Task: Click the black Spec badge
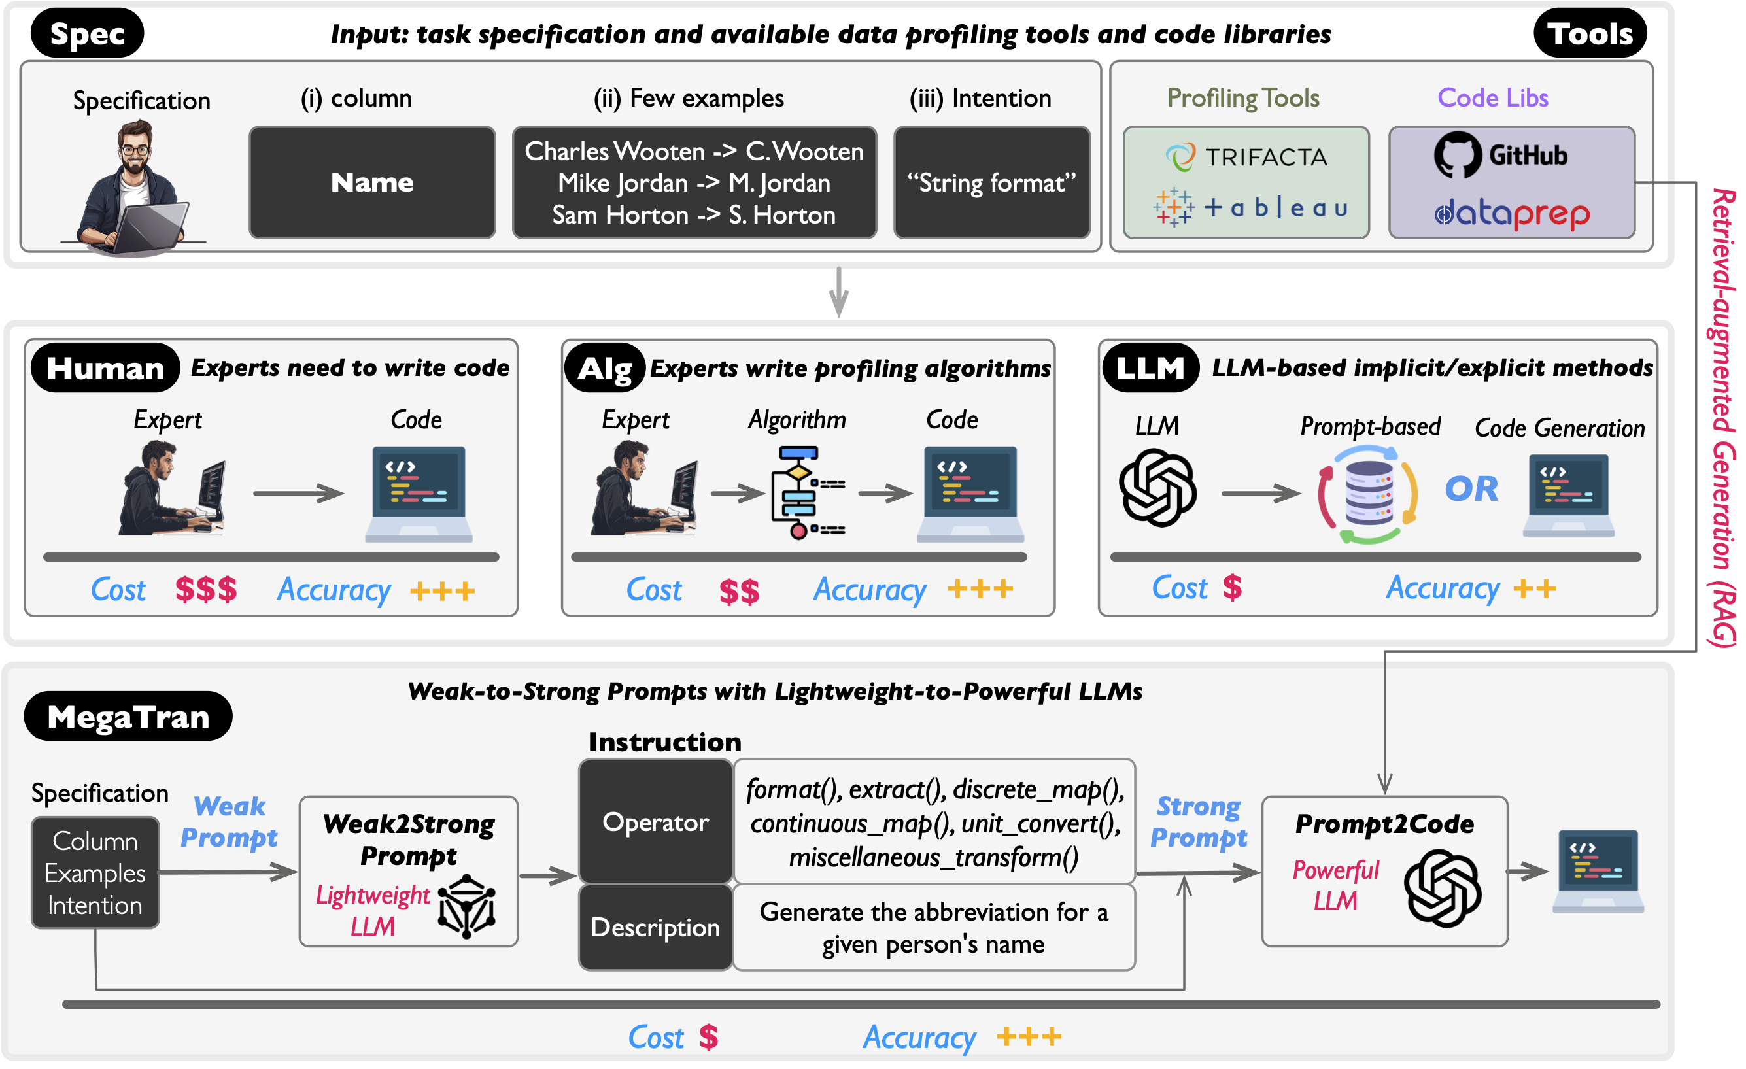(x=87, y=33)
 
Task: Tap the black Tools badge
(x=1590, y=33)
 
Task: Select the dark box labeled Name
(x=372, y=183)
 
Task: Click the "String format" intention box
(x=991, y=183)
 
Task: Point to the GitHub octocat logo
(x=1457, y=154)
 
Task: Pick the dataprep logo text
(x=1512, y=213)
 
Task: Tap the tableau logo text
(x=1275, y=207)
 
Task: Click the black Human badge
(x=105, y=368)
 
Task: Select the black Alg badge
(x=604, y=368)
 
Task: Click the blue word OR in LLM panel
(x=1472, y=489)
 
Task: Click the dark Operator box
(x=655, y=822)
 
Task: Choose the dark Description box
(x=655, y=927)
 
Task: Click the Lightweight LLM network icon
(x=466, y=907)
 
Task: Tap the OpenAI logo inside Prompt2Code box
(x=1442, y=889)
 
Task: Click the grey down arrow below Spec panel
(x=839, y=292)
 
